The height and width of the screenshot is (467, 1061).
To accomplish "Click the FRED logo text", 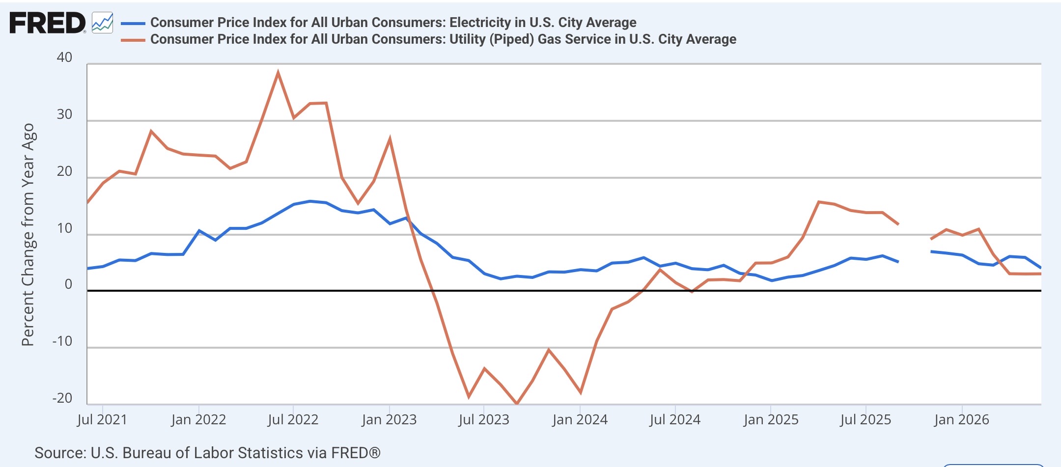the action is coord(48,23).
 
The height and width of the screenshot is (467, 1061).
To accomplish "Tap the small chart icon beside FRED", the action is coord(103,23).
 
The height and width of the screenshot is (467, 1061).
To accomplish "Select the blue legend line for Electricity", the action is coord(133,23).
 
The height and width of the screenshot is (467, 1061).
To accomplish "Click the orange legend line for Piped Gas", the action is coord(133,40).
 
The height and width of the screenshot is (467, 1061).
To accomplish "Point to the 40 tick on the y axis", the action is coord(64,57).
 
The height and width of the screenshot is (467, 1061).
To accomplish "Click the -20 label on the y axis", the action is coord(62,398).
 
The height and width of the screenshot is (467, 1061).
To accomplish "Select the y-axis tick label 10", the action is coord(64,228).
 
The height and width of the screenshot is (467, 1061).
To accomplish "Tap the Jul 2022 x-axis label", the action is coord(293,420).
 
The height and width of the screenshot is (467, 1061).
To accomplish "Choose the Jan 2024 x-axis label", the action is coord(580,420).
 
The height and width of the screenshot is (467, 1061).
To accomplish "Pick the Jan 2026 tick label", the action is coord(961,420).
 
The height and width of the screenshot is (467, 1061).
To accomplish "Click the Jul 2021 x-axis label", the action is coord(102,420).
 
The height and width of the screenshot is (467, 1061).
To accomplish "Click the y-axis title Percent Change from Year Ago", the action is coord(28,235).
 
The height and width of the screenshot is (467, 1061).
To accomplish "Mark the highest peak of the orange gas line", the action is coord(278,73).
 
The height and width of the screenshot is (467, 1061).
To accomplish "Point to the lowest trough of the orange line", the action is coord(516,404).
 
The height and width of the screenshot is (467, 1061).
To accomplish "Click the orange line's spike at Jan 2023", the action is coord(390,139).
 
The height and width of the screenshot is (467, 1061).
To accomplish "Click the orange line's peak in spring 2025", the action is coord(818,202).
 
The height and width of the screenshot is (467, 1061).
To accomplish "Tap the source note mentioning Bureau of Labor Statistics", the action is coord(207,453).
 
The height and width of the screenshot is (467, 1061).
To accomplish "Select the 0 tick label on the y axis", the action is coord(68,284).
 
